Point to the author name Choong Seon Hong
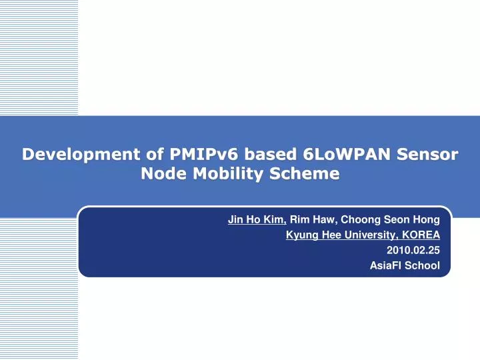point(391,219)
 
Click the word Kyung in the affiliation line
point(299,235)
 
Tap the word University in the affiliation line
point(367,235)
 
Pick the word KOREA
point(421,235)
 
